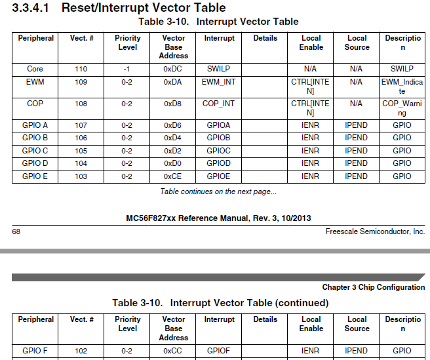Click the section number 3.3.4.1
(x=31, y=8)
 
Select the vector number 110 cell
(x=81, y=69)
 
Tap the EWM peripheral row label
(x=35, y=82)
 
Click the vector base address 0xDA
(x=173, y=82)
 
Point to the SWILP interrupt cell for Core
(x=219, y=69)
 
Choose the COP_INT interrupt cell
(x=219, y=104)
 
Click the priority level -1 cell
(x=127, y=69)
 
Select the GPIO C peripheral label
(x=35, y=150)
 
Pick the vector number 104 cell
(x=81, y=163)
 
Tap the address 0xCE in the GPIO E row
(x=173, y=176)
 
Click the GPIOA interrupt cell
(x=219, y=125)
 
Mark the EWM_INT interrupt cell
(x=219, y=82)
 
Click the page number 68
(x=17, y=232)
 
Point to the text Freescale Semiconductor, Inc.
(x=375, y=232)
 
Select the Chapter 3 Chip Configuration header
(x=373, y=287)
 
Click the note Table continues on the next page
(x=218, y=191)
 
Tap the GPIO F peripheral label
(x=35, y=351)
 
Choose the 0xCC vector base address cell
(x=173, y=351)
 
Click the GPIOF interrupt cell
(x=219, y=351)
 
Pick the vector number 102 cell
(x=81, y=351)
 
